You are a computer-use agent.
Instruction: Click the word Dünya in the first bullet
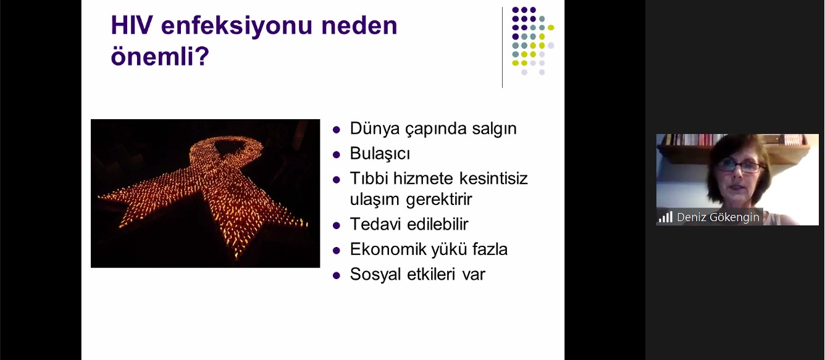point(373,128)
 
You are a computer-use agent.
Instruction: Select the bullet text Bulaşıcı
point(380,154)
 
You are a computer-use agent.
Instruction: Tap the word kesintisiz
point(493,179)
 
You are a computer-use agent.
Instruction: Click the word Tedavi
point(374,224)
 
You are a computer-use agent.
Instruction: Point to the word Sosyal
point(374,274)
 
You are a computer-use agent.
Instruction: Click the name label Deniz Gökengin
point(718,217)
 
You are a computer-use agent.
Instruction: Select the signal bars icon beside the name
point(665,217)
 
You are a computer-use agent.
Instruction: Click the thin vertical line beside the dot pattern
point(502,47)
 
